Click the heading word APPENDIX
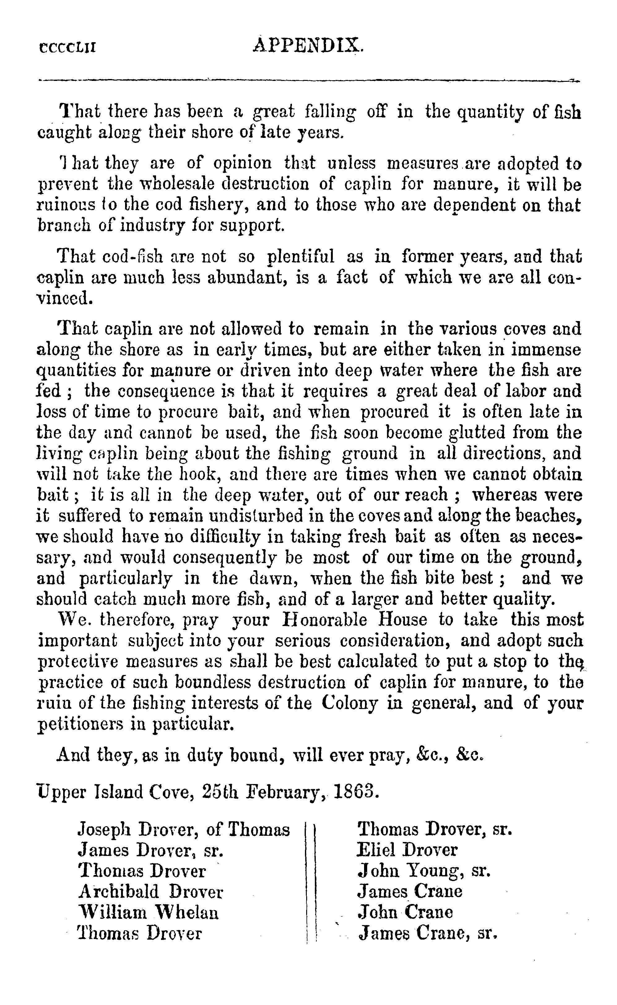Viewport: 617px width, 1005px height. coord(308,45)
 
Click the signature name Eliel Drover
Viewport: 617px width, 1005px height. coord(407,850)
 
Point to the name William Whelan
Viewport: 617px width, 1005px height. coord(148,912)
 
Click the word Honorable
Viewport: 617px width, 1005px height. coord(325,620)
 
